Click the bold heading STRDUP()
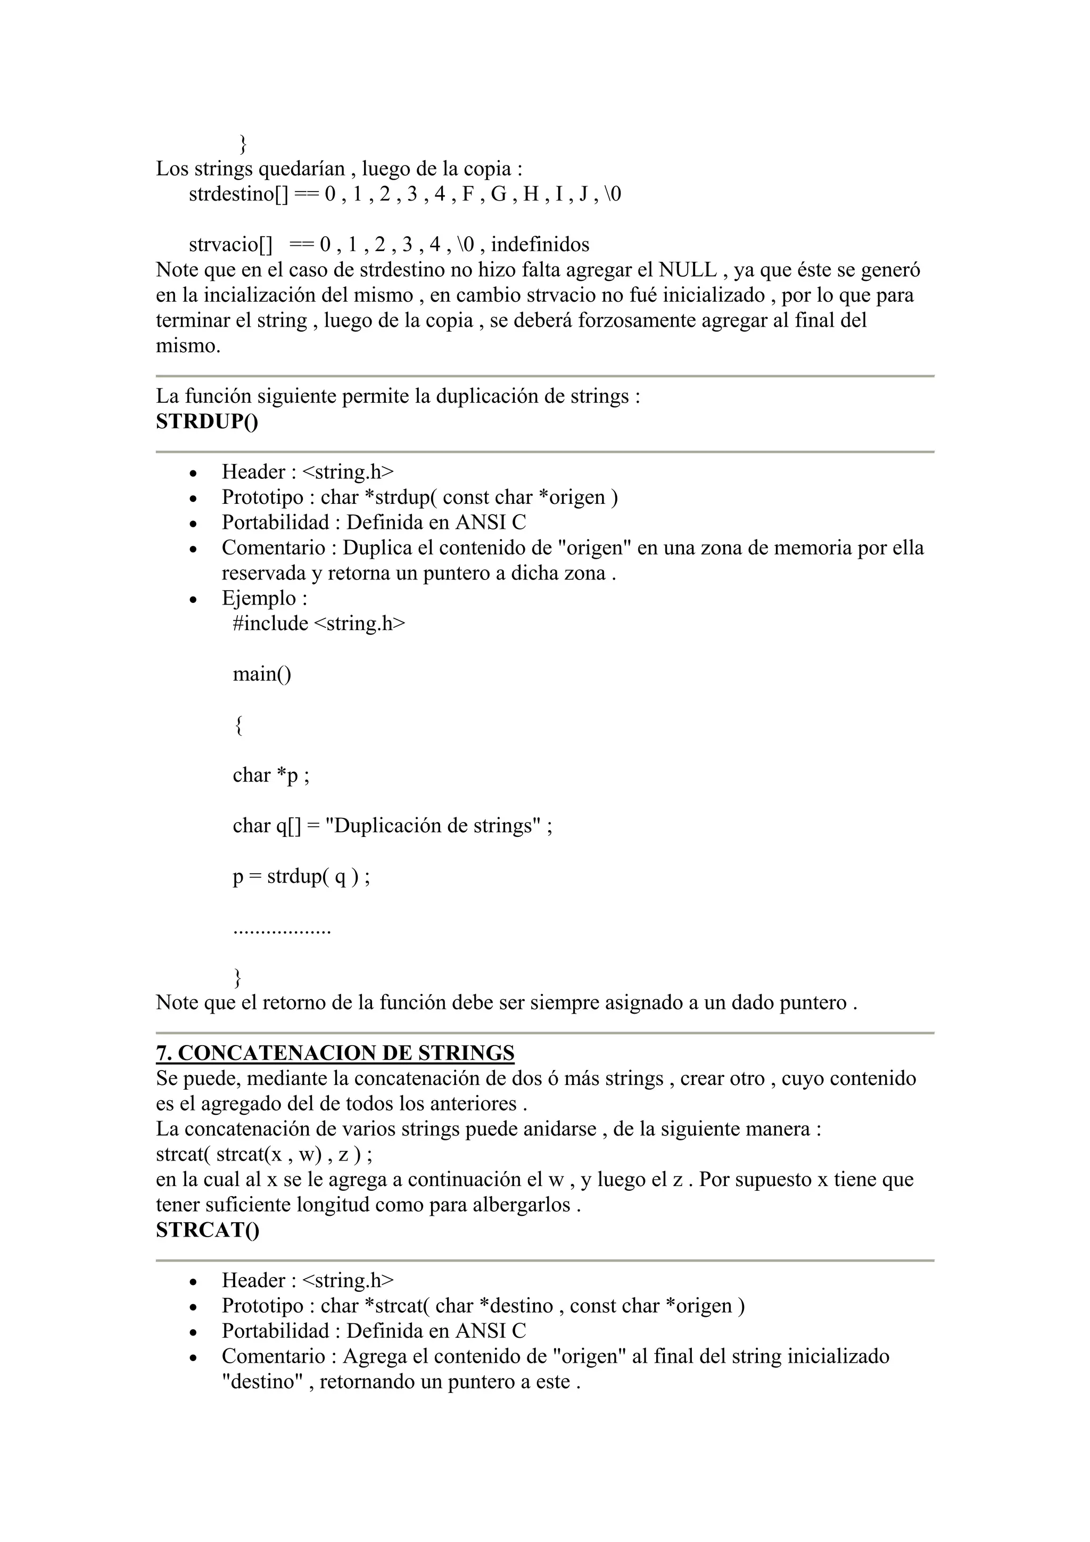[207, 422]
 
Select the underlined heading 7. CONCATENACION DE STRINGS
[335, 1052]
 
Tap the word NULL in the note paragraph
[687, 270]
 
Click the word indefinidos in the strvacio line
[540, 244]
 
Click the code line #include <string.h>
[319, 623]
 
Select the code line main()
[262, 674]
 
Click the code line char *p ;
[271, 775]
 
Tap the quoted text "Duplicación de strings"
[433, 825]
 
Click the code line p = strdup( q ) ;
[301, 876]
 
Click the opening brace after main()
[238, 725]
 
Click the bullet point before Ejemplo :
[193, 600]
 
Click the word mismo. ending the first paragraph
[188, 346]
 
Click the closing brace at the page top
[243, 144]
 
